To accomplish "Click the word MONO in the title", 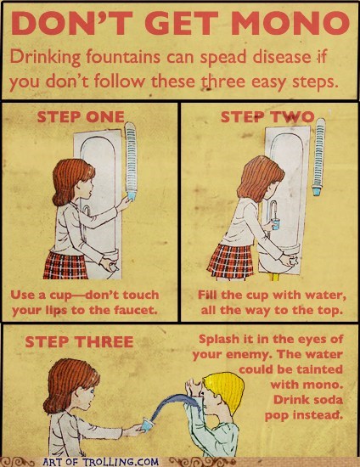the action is [x=290, y=24].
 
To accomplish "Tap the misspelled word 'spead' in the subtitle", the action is [x=223, y=57].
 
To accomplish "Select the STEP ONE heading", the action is [x=81, y=117].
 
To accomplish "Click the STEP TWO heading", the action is [x=267, y=117].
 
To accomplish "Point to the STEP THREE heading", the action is [x=79, y=341].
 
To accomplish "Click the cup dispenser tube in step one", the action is [x=131, y=158].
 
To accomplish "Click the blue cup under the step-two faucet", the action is [x=276, y=224].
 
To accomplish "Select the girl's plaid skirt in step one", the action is [x=66, y=265].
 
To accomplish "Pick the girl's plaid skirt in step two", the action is [x=231, y=262].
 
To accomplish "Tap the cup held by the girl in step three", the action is [x=147, y=424].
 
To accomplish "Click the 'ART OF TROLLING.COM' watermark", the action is [x=101, y=462].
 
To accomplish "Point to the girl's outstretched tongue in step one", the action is [x=91, y=196].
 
